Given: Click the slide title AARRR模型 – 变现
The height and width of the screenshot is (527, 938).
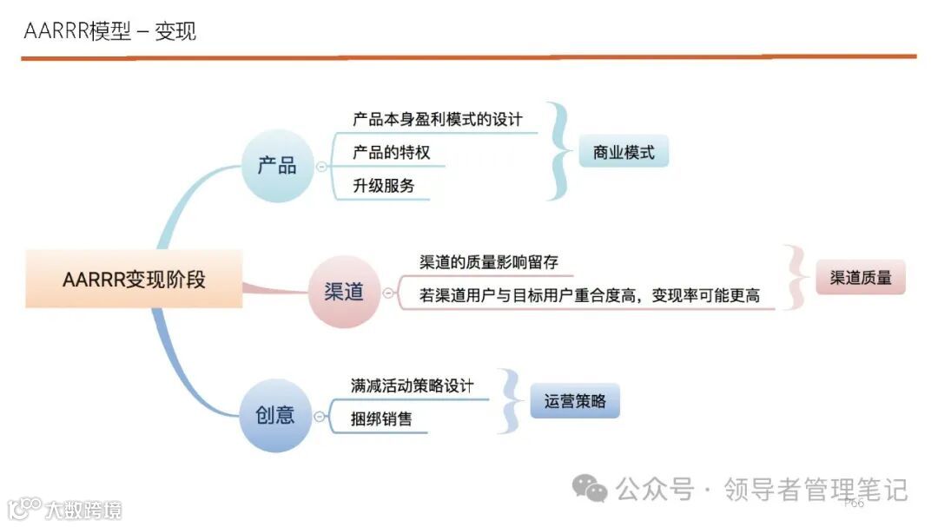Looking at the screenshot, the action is click(110, 32).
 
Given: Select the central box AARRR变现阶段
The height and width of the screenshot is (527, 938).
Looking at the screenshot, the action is click(134, 279).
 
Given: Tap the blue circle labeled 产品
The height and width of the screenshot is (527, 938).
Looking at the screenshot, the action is click(276, 165).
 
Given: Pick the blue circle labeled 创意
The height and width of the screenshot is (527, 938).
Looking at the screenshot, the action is click(275, 415).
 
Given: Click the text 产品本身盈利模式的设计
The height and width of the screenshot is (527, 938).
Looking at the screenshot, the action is click(438, 119).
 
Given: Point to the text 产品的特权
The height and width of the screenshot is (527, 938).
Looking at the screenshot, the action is click(391, 153).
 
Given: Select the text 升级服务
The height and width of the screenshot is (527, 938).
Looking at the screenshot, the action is click(383, 186).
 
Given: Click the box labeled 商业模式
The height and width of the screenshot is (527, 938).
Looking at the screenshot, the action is click(624, 154).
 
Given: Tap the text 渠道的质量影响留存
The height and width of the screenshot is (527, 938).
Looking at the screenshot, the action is click(489, 262).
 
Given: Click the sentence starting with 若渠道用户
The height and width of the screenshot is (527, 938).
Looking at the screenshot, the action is click(590, 295).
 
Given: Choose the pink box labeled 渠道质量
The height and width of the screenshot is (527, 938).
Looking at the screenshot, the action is click(860, 279).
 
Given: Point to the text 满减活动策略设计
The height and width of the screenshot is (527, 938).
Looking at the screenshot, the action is click(413, 385).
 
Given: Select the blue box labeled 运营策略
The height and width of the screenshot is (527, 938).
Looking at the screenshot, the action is click(575, 401).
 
